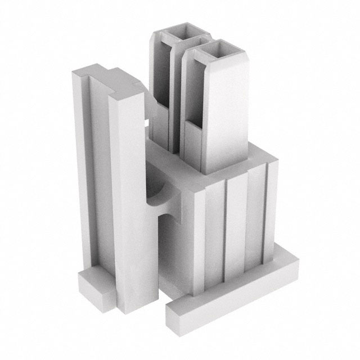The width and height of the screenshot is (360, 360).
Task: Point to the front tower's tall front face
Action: coord(225,112)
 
